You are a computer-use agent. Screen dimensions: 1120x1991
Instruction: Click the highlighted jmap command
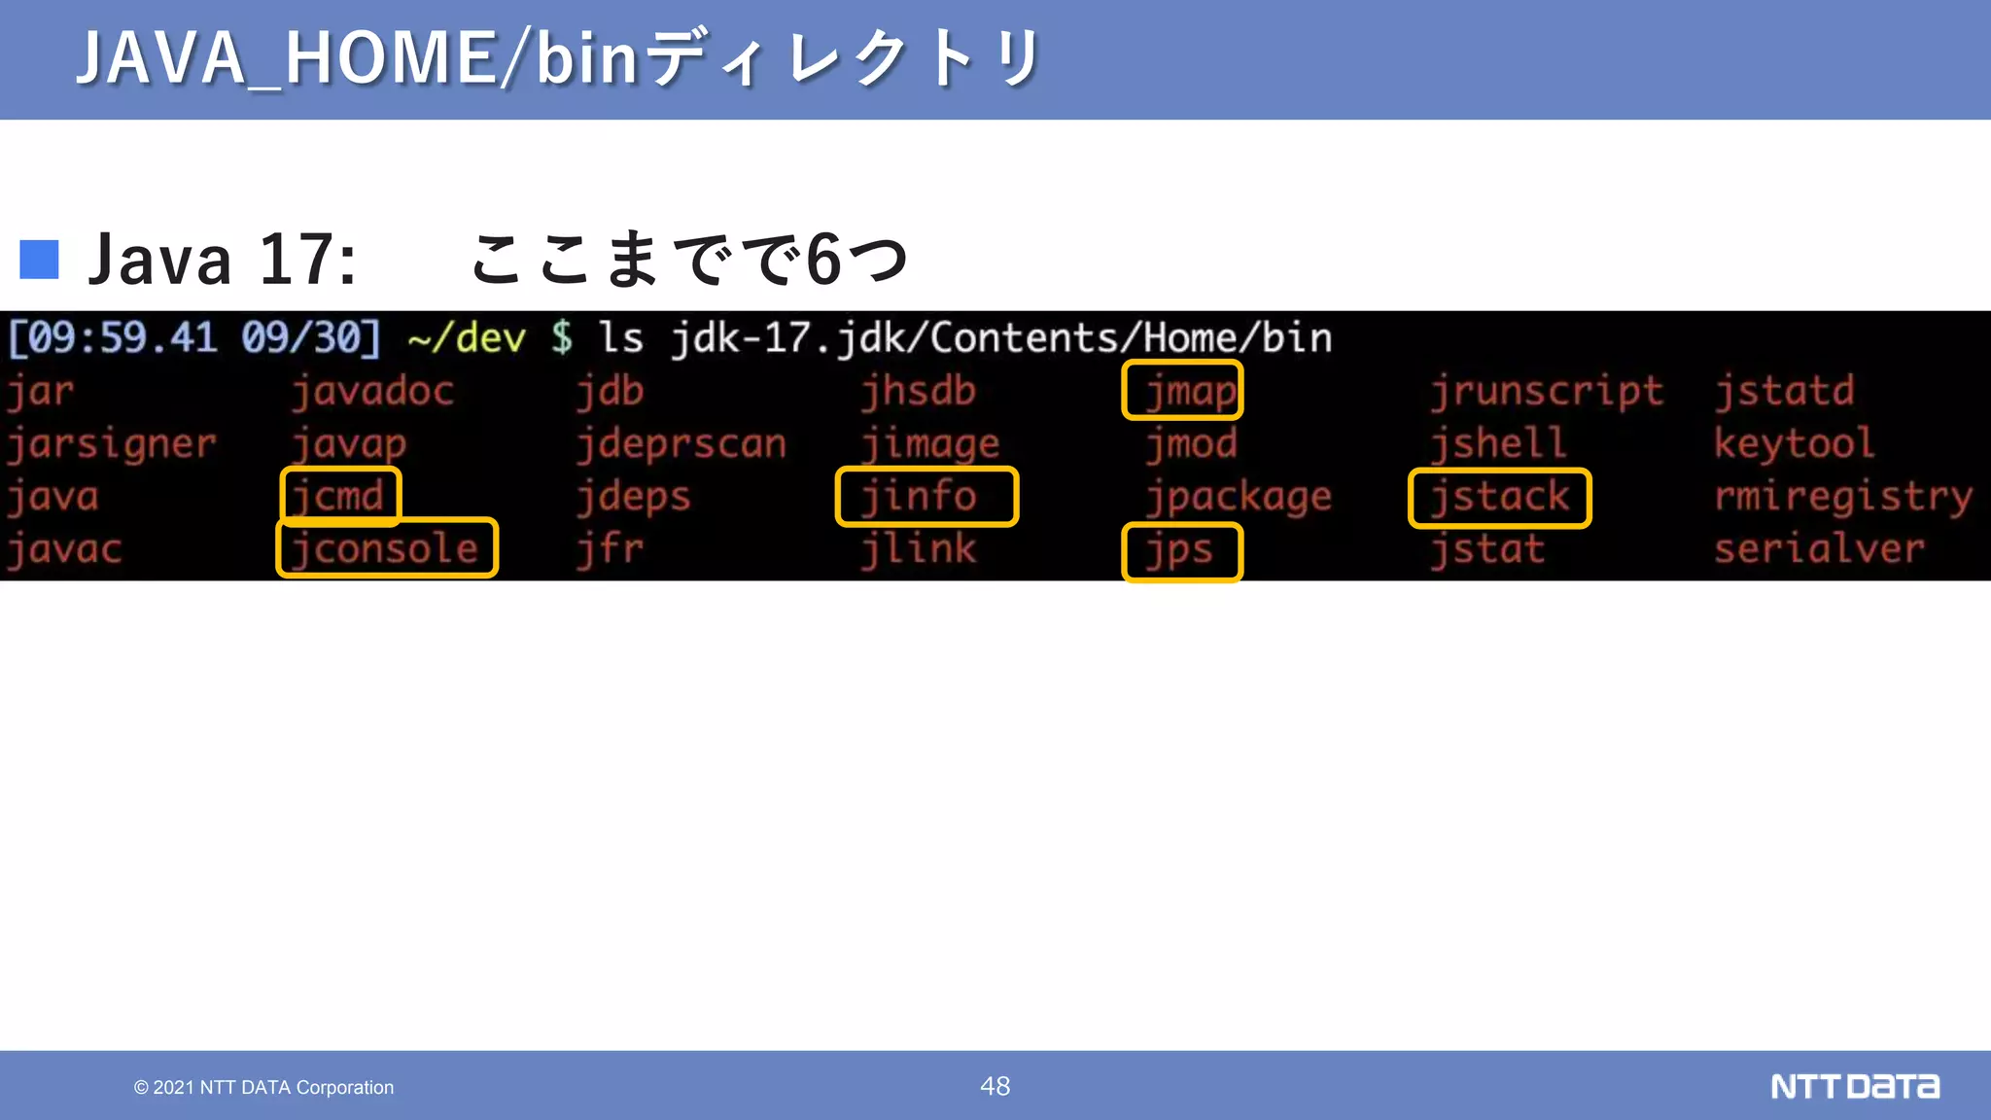click(x=1182, y=391)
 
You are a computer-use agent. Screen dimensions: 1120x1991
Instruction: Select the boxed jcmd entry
click(x=340, y=496)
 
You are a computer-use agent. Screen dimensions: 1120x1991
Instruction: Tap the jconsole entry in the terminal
click(x=387, y=548)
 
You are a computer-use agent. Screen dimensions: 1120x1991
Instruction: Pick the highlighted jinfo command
click(x=926, y=496)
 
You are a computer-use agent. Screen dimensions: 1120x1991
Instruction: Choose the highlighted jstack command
click(x=1499, y=498)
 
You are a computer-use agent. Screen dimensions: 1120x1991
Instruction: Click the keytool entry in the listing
click(x=1794, y=444)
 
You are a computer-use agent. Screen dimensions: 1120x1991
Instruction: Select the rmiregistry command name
click(x=1843, y=497)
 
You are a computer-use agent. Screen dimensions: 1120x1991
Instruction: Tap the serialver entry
click(x=1819, y=549)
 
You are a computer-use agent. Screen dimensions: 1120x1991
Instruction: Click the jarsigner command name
click(x=112, y=444)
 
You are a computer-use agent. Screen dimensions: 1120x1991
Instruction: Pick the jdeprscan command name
click(x=681, y=444)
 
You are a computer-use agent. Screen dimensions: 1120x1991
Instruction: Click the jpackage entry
click(x=1239, y=497)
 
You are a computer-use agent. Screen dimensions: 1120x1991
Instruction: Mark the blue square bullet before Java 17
click(x=40, y=260)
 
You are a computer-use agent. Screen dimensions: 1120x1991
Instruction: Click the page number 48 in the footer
click(x=995, y=1086)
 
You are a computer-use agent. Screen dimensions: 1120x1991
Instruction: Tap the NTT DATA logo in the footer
click(x=1854, y=1086)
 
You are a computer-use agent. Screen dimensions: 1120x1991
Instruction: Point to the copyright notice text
click(x=264, y=1087)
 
